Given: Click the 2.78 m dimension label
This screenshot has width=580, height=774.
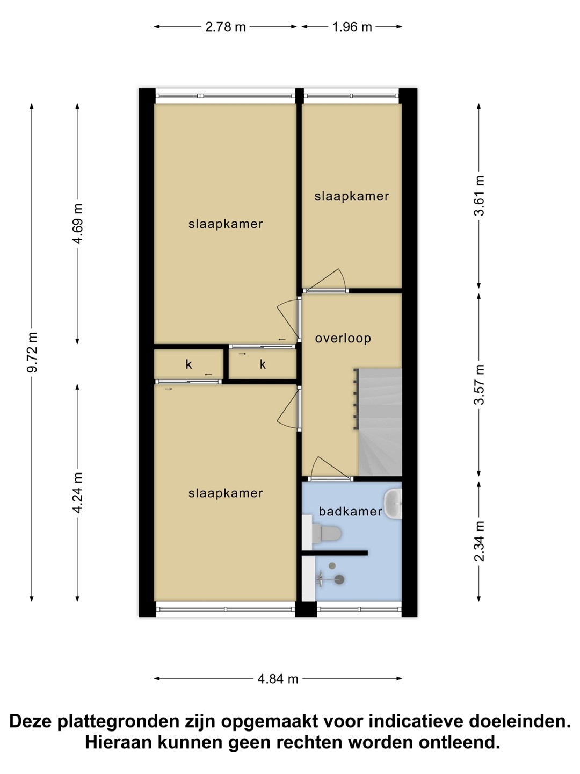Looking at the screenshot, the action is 226,27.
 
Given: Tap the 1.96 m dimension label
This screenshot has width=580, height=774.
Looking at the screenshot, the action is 352,27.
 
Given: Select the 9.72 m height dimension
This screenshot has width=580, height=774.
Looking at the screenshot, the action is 32,352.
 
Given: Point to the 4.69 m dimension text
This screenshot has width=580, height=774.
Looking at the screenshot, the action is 77,224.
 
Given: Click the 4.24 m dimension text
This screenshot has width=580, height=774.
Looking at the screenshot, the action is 77,492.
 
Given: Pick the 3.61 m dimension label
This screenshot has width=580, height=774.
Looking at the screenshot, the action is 479,195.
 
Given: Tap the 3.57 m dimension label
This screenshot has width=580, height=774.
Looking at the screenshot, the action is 479,384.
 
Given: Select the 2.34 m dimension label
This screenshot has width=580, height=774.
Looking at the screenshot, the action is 479,541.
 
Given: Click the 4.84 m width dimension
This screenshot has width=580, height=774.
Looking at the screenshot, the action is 278,679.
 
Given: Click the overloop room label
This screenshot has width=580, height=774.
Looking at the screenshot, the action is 343,338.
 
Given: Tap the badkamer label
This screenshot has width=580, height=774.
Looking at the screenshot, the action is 350,511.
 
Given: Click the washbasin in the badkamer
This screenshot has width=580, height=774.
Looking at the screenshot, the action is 393,504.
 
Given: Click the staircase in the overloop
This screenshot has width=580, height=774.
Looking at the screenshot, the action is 378,422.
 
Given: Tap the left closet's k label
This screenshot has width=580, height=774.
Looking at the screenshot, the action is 189,364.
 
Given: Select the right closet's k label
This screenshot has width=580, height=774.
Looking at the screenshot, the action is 263,364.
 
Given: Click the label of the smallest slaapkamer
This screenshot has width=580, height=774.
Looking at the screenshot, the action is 352,196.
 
